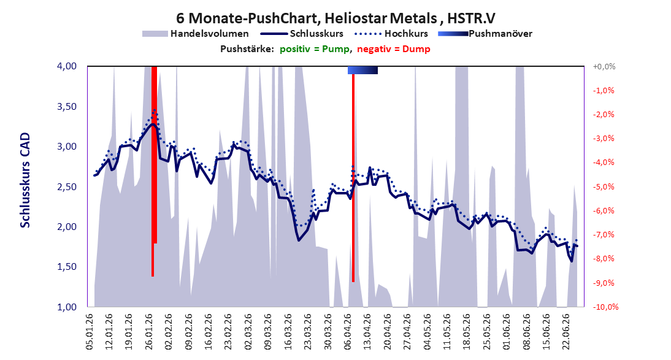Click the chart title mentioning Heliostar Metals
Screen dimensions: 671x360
click(336, 18)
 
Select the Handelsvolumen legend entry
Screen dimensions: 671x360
click(196, 33)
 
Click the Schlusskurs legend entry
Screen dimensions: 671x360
click(302, 33)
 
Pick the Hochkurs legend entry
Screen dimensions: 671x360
click(391, 33)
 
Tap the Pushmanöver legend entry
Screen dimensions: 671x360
click(485, 33)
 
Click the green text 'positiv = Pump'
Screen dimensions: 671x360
click(315, 49)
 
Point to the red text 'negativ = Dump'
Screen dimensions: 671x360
click(394, 49)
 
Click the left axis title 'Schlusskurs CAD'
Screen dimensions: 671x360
click(25, 180)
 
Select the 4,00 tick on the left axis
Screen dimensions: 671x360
click(67, 66)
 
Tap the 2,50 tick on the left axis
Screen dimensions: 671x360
click(67, 186)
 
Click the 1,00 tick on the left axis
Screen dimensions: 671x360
click(67, 307)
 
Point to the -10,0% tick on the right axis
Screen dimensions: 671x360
click(605, 307)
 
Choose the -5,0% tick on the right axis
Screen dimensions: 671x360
click(604, 186)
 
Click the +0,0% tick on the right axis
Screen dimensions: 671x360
click(604, 66)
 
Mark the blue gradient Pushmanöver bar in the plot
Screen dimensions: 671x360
click(362, 70)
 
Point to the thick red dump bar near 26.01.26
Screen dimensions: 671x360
click(155, 155)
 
